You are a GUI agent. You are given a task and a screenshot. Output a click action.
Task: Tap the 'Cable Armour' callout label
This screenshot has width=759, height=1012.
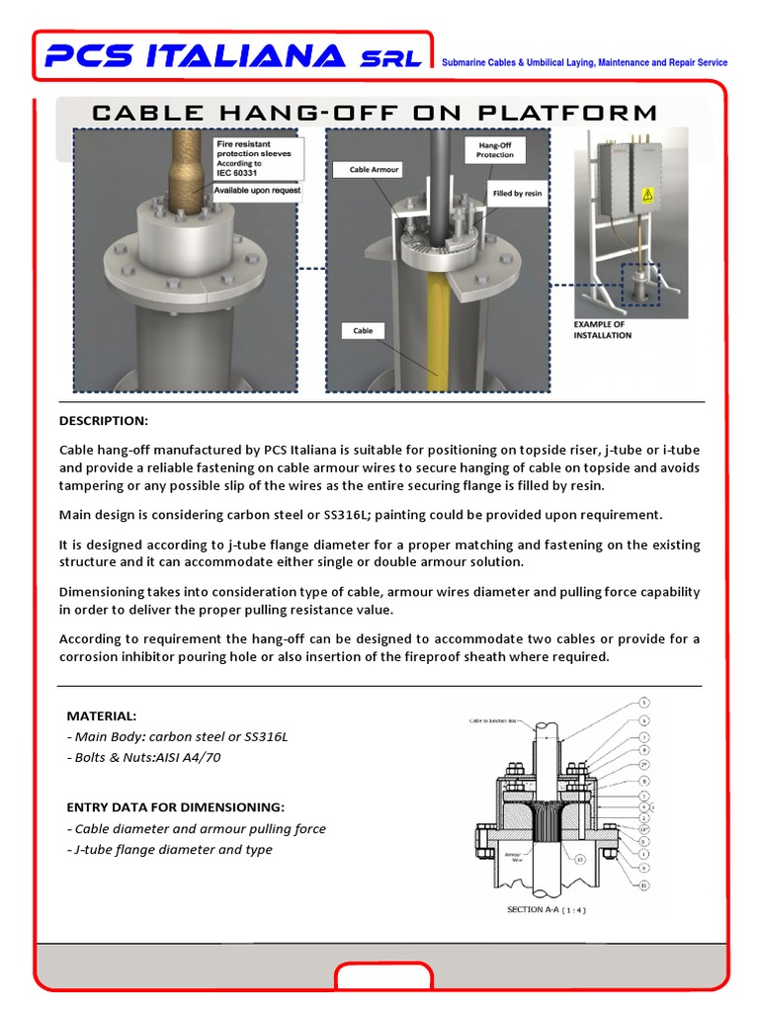pyautogui.click(x=374, y=170)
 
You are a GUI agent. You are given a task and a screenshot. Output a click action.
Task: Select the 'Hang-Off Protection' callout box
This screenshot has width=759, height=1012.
pyautogui.click(x=494, y=150)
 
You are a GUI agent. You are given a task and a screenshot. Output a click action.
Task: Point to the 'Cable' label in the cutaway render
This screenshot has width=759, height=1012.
pyautogui.click(x=364, y=330)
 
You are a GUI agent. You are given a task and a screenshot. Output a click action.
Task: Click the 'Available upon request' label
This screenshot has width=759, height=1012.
pyautogui.click(x=257, y=190)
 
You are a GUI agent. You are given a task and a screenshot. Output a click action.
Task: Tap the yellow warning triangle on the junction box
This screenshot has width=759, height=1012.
pyautogui.click(x=648, y=194)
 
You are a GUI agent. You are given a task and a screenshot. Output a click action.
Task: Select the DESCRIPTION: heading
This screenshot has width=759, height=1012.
pyautogui.click(x=103, y=421)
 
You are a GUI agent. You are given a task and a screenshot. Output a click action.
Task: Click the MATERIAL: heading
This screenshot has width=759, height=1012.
pyautogui.click(x=102, y=716)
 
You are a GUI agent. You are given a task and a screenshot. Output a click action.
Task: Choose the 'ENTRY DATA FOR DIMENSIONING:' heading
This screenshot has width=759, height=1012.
pyautogui.click(x=175, y=807)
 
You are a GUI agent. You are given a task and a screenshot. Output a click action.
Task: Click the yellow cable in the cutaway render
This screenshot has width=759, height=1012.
pyautogui.click(x=435, y=336)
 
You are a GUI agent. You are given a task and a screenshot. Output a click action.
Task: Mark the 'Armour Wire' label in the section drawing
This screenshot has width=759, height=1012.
pyautogui.click(x=513, y=859)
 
